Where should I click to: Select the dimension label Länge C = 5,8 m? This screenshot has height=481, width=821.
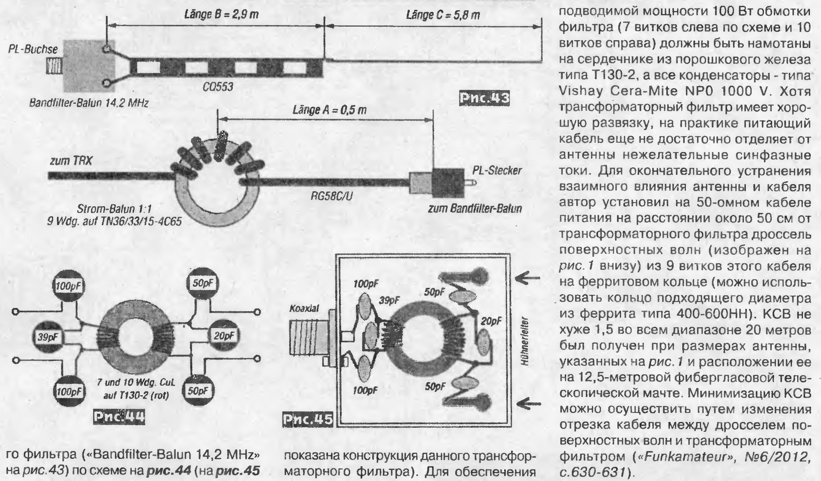(x=443, y=15)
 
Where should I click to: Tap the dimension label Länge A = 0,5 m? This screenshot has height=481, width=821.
(x=329, y=110)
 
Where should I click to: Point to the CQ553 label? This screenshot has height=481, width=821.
(x=218, y=87)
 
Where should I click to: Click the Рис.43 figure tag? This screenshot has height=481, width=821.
(x=485, y=99)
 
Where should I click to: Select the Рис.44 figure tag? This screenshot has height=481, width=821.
(x=119, y=417)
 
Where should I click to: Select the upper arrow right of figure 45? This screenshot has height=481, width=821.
(x=526, y=279)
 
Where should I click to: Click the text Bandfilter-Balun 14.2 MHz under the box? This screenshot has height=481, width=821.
(x=88, y=103)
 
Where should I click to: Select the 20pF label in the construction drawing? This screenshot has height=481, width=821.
(x=491, y=321)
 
